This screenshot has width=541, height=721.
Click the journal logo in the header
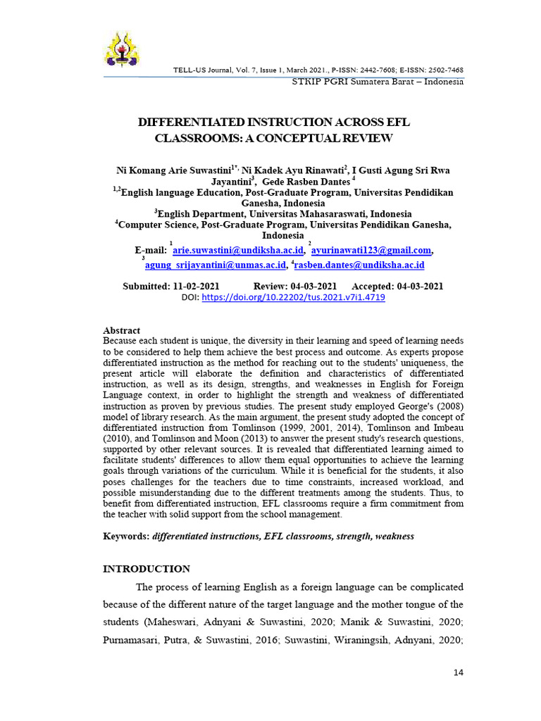pos(123,50)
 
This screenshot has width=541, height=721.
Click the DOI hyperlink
pos(293,298)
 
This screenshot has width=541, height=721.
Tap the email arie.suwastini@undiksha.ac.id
pos(238,250)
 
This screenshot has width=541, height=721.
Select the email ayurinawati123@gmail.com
pos(371,250)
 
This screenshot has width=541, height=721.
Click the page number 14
pos(458,673)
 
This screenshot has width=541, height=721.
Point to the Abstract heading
pos(122,330)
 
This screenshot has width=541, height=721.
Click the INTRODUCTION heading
pos(147,569)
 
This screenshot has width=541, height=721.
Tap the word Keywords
pos(125,537)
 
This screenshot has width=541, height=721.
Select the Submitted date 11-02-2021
pos(195,287)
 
